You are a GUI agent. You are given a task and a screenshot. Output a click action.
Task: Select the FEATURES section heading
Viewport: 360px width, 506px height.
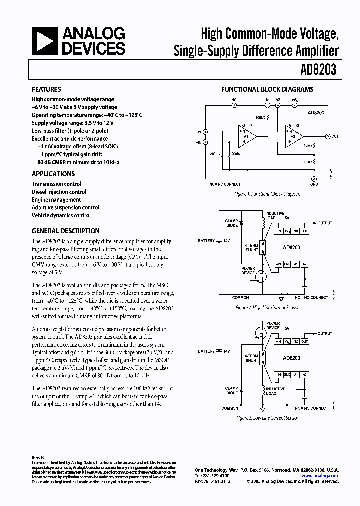(46, 90)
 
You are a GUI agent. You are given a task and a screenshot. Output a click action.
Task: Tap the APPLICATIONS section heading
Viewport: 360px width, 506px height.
(53, 174)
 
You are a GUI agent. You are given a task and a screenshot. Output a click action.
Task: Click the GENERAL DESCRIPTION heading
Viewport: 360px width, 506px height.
(65, 231)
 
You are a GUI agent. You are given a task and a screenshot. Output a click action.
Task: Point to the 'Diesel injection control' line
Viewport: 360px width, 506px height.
(59, 192)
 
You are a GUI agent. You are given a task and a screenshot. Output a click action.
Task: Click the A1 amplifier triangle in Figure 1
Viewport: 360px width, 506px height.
(247, 137)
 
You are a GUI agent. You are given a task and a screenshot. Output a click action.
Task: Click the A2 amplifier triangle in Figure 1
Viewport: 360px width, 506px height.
(295, 136)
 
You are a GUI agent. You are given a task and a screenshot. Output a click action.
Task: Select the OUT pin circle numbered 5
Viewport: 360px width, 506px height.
(328, 136)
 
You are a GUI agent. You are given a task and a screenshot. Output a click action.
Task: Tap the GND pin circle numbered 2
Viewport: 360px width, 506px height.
(314, 179)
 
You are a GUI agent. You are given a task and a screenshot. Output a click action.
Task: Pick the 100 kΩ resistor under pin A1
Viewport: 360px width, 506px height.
(267, 117)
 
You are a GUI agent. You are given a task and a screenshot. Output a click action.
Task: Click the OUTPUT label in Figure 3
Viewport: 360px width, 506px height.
(325, 333)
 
